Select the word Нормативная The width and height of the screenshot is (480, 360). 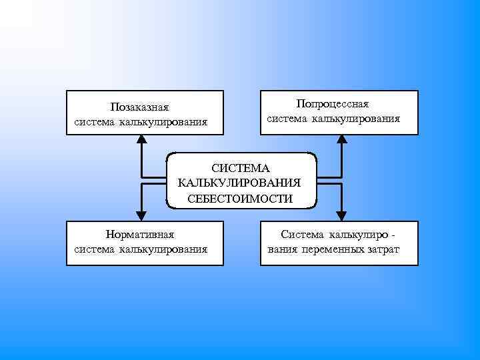140,235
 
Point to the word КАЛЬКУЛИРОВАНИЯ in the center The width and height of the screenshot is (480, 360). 240,183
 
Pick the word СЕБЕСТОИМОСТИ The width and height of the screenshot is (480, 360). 240,198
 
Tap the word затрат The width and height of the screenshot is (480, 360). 383,249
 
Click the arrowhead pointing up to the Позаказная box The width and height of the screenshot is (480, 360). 141,139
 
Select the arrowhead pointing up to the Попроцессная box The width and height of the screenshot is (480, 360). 341,139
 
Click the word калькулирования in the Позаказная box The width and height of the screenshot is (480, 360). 163,122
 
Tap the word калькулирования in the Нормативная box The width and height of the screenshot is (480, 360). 163,249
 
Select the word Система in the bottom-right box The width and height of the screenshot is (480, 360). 302,235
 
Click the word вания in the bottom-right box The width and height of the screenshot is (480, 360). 281,249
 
